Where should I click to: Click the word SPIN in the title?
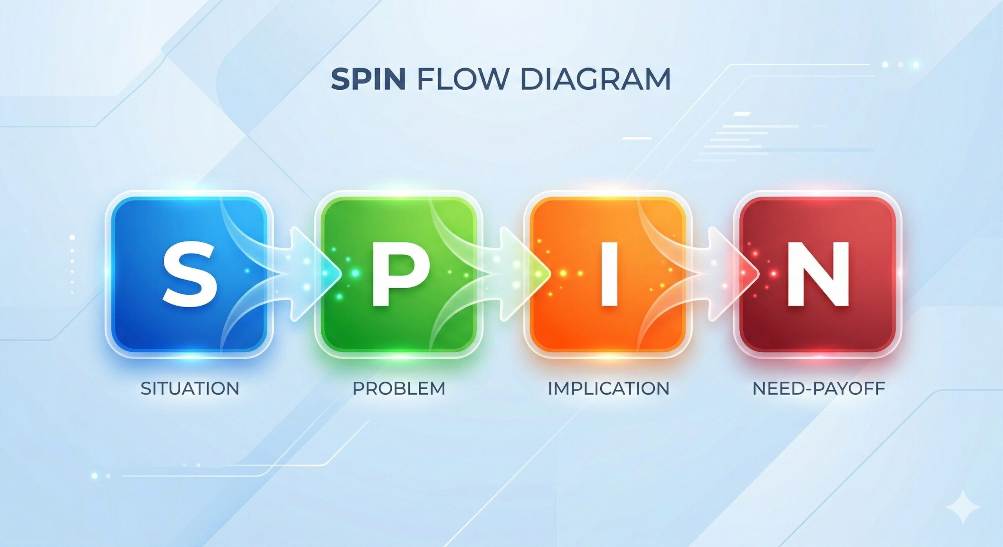coord(368,80)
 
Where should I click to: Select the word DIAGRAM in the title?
coord(595,80)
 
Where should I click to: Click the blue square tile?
coord(189,274)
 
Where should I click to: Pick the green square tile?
coord(398,274)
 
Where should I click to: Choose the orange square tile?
coord(608,274)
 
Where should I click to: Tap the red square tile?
coord(817,274)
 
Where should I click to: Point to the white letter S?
coord(190,274)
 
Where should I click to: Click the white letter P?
coord(400,274)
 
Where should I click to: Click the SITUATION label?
coord(190,388)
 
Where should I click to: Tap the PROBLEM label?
coord(399,388)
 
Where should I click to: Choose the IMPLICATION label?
coord(608,388)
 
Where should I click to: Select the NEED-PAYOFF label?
coord(819,388)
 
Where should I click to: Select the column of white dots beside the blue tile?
coord(72,264)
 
